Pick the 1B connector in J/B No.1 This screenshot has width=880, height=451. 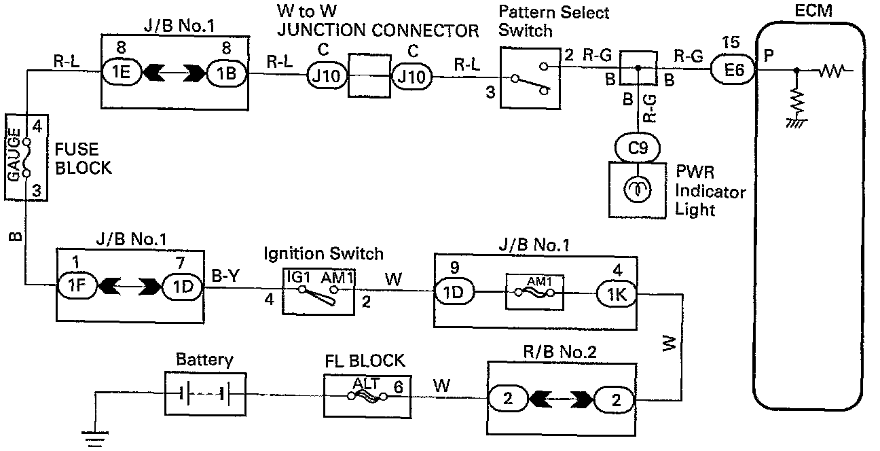228,73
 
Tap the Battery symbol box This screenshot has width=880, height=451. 204,394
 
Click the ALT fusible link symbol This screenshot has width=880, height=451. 367,394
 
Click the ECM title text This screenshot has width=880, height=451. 811,11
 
